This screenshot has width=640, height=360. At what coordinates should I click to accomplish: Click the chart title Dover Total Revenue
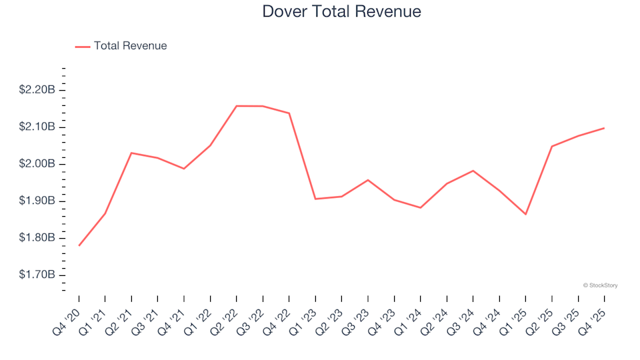(x=341, y=12)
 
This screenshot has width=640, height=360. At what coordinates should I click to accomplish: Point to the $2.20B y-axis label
(x=37, y=90)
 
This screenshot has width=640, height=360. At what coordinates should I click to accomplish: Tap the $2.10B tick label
(x=37, y=127)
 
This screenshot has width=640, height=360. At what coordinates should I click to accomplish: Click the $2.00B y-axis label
(x=37, y=164)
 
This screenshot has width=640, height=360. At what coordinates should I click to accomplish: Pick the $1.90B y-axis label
(x=37, y=201)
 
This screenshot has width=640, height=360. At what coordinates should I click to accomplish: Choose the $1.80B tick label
(x=37, y=239)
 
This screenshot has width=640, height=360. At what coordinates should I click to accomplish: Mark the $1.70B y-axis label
(x=37, y=275)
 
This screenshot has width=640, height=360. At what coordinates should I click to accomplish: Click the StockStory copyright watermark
(x=600, y=285)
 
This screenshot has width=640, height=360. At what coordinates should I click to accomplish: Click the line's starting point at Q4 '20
(x=79, y=245)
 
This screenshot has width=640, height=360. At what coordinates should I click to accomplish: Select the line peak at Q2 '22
(x=237, y=106)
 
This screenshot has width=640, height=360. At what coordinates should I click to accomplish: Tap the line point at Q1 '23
(x=315, y=199)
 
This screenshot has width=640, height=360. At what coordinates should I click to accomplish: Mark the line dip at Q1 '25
(x=525, y=214)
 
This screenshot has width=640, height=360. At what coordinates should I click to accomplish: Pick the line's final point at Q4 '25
(x=604, y=128)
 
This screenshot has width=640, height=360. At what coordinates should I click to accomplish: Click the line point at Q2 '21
(x=131, y=153)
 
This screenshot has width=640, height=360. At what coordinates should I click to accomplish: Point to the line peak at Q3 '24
(x=473, y=171)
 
